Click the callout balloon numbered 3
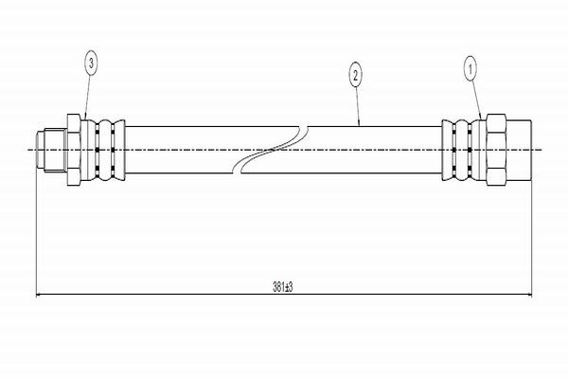(x=91, y=64)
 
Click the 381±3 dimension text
(x=283, y=285)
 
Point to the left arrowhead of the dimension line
(x=40, y=295)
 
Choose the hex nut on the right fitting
(x=495, y=150)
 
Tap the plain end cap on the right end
(x=520, y=150)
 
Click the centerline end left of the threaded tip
(x=26, y=150)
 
